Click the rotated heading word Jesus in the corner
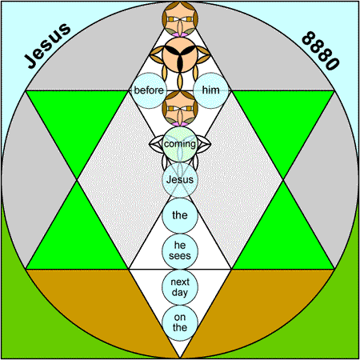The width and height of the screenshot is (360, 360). point(47,46)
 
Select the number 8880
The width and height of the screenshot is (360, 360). point(321,50)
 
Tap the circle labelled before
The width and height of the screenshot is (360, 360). point(149,90)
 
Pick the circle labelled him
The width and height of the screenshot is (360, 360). point(211,90)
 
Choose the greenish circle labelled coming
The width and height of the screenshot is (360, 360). point(180,144)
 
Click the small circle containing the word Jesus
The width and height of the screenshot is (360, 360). point(180,180)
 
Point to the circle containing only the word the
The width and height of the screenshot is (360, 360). point(180,215)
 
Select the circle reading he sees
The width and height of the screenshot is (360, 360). point(180,251)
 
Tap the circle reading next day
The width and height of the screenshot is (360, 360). point(180,287)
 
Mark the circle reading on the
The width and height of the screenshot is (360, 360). point(180,323)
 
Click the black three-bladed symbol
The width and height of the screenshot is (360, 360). point(180,54)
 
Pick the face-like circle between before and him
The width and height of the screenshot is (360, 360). point(180,108)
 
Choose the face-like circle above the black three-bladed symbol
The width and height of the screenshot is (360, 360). point(180,18)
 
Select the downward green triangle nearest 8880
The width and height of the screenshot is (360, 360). point(283,120)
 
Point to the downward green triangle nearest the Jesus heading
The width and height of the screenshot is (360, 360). point(77,120)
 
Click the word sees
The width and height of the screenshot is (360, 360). point(180,256)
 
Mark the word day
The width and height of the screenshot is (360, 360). point(180,293)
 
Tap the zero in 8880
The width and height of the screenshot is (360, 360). point(334,63)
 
